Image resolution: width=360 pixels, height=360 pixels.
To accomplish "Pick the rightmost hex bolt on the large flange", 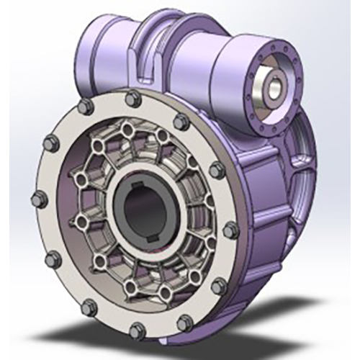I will (x=230, y=230).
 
